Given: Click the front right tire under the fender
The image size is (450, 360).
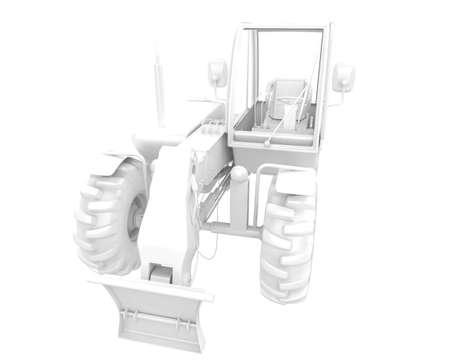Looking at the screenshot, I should (x=288, y=245).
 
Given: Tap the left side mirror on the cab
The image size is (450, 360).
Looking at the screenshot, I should (x=217, y=73).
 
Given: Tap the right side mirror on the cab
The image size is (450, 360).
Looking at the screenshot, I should (x=343, y=77).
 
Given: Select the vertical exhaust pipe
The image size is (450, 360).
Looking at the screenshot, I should (x=157, y=90).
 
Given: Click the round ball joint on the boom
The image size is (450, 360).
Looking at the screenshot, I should (x=239, y=175).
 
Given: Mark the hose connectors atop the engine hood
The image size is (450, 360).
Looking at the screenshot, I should (x=211, y=128).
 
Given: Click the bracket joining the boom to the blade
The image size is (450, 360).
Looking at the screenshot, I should (x=161, y=271).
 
